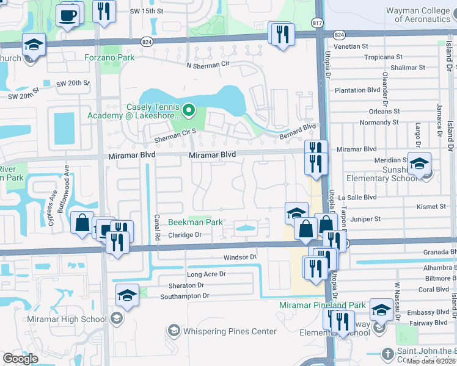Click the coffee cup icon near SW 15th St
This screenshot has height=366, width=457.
point(68,14)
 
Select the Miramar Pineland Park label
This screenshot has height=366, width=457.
point(322,305)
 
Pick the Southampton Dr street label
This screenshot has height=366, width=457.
point(185,296)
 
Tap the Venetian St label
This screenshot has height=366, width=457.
point(351,46)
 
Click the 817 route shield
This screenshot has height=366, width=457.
point(316,23)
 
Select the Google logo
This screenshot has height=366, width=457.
point(20,359)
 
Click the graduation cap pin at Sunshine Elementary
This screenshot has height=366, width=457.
point(420,164)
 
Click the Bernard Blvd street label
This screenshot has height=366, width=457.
point(302,127)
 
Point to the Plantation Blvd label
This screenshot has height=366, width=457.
point(358,90)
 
